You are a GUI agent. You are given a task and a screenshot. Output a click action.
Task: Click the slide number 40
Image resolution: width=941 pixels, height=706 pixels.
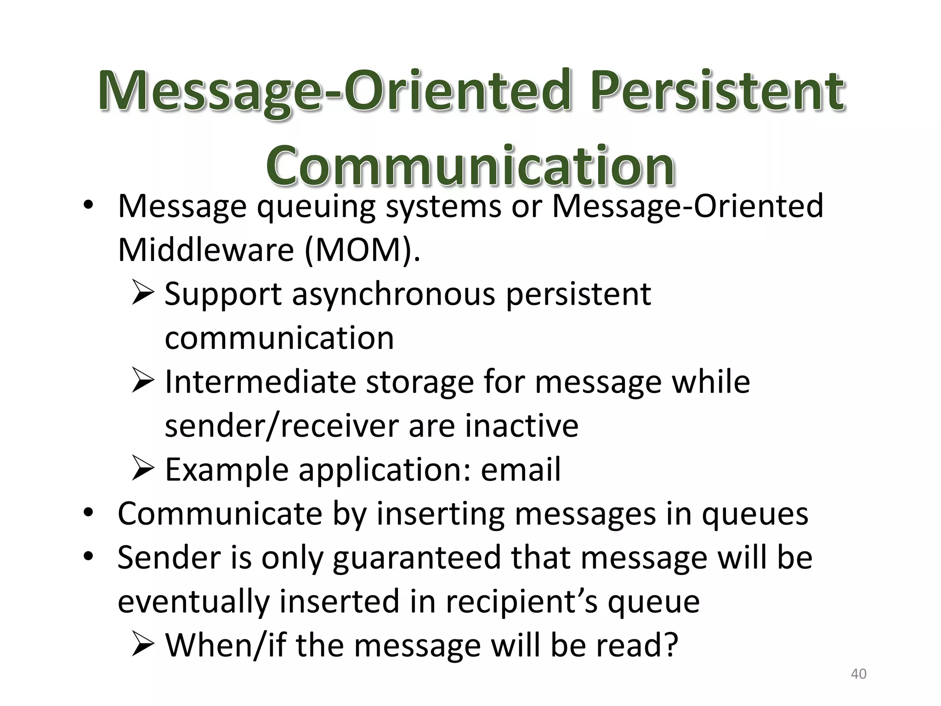(858, 674)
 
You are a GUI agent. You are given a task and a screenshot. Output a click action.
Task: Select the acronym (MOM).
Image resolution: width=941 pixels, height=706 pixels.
(362, 250)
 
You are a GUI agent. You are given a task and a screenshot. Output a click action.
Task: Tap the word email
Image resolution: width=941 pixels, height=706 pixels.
(521, 470)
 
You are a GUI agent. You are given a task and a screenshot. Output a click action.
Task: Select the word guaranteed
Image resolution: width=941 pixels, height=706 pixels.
(416, 558)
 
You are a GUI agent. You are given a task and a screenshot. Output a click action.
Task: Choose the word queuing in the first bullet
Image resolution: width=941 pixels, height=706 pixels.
(316, 207)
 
